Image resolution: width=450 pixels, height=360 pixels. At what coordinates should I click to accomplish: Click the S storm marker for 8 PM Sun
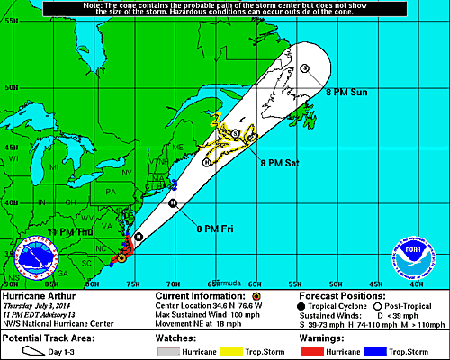pos(305,68)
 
